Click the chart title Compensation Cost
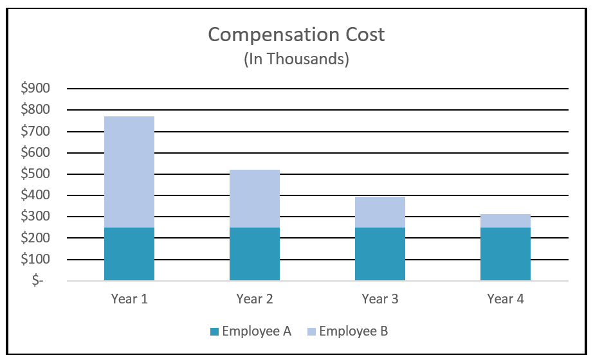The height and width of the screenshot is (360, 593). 296,35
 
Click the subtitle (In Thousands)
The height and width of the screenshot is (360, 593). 296,60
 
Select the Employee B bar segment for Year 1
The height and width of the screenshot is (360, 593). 129,172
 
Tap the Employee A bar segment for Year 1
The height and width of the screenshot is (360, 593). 129,254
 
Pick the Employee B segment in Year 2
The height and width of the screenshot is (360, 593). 255,199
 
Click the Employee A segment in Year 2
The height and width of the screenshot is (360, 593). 255,254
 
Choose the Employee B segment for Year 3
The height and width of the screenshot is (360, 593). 380,212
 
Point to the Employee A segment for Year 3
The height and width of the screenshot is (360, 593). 380,254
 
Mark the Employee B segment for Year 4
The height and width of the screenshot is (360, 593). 506,221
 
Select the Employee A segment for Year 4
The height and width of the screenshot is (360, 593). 506,254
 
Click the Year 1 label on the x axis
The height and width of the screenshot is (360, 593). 129,299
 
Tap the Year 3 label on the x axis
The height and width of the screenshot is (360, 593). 380,299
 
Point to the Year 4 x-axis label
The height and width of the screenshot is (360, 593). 506,299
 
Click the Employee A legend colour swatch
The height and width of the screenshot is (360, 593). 214,332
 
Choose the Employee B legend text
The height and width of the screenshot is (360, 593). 354,332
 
